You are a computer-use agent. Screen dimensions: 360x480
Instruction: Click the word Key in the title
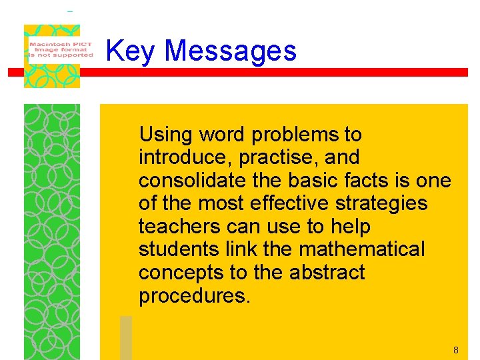[x=130, y=51]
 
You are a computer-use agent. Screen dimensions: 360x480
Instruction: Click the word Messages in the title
[x=230, y=51]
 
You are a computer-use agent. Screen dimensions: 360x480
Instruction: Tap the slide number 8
[x=455, y=350]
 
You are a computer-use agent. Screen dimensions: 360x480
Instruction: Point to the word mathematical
[x=362, y=250]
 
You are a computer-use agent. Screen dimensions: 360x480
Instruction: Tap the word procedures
[x=194, y=296]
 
